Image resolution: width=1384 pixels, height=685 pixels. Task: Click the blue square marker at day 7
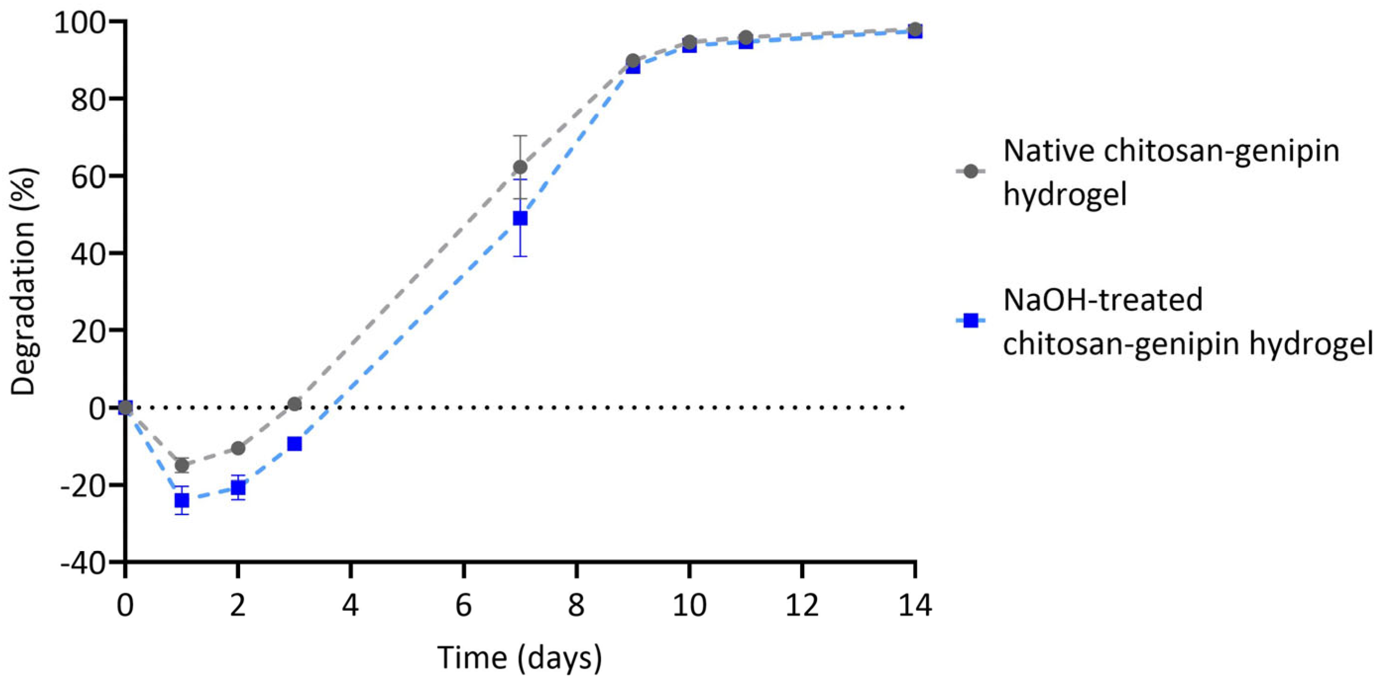tap(520, 218)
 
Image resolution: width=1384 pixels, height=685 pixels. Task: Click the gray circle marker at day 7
tap(520, 167)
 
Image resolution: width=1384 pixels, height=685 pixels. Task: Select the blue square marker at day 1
tap(182, 501)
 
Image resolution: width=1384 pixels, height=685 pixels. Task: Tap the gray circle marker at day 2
tap(238, 448)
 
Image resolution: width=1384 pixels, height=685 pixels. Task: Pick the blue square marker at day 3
tap(295, 444)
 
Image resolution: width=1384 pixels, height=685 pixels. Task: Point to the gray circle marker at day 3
tap(295, 404)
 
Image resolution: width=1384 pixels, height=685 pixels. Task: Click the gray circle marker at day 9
tap(633, 60)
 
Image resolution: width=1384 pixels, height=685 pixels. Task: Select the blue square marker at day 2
tap(238, 488)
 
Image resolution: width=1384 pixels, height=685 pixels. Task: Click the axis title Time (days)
tap(519, 657)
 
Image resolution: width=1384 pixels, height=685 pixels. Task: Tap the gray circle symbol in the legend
tap(971, 171)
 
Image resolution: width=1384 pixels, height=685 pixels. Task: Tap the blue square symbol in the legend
tap(971, 321)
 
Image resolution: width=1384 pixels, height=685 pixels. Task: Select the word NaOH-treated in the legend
tap(1102, 299)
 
